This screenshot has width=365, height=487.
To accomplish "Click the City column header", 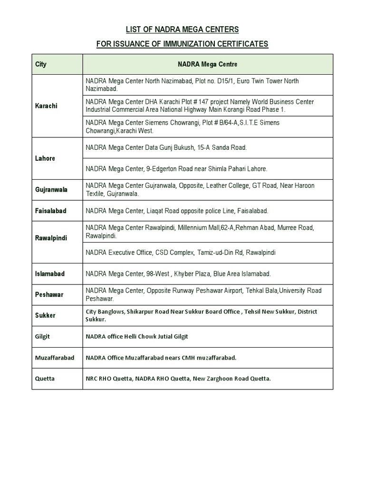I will pyautogui.click(x=41, y=64).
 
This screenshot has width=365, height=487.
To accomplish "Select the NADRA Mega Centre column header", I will pyautogui.click(x=207, y=64).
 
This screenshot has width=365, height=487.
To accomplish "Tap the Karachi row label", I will pyautogui.click(x=46, y=106).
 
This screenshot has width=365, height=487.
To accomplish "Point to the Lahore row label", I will pyautogui.click(x=45, y=158).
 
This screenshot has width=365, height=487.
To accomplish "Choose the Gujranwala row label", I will pyautogui.click(x=51, y=189).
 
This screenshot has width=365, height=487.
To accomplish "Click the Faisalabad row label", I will pyautogui.click(x=51, y=210).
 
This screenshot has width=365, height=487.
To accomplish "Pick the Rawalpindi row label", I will pyautogui.click(x=51, y=238).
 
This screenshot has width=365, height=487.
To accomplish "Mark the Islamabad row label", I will pyautogui.click(x=50, y=274).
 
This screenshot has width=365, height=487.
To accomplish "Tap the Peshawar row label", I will pyautogui.click(x=49, y=294).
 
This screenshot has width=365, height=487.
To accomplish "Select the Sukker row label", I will pyautogui.click(x=45, y=315).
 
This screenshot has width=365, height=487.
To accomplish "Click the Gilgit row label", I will pyautogui.click(x=42, y=336).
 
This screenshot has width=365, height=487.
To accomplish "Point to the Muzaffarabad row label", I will pyautogui.click(x=55, y=358).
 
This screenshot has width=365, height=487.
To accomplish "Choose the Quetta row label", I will pyautogui.click(x=45, y=379).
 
